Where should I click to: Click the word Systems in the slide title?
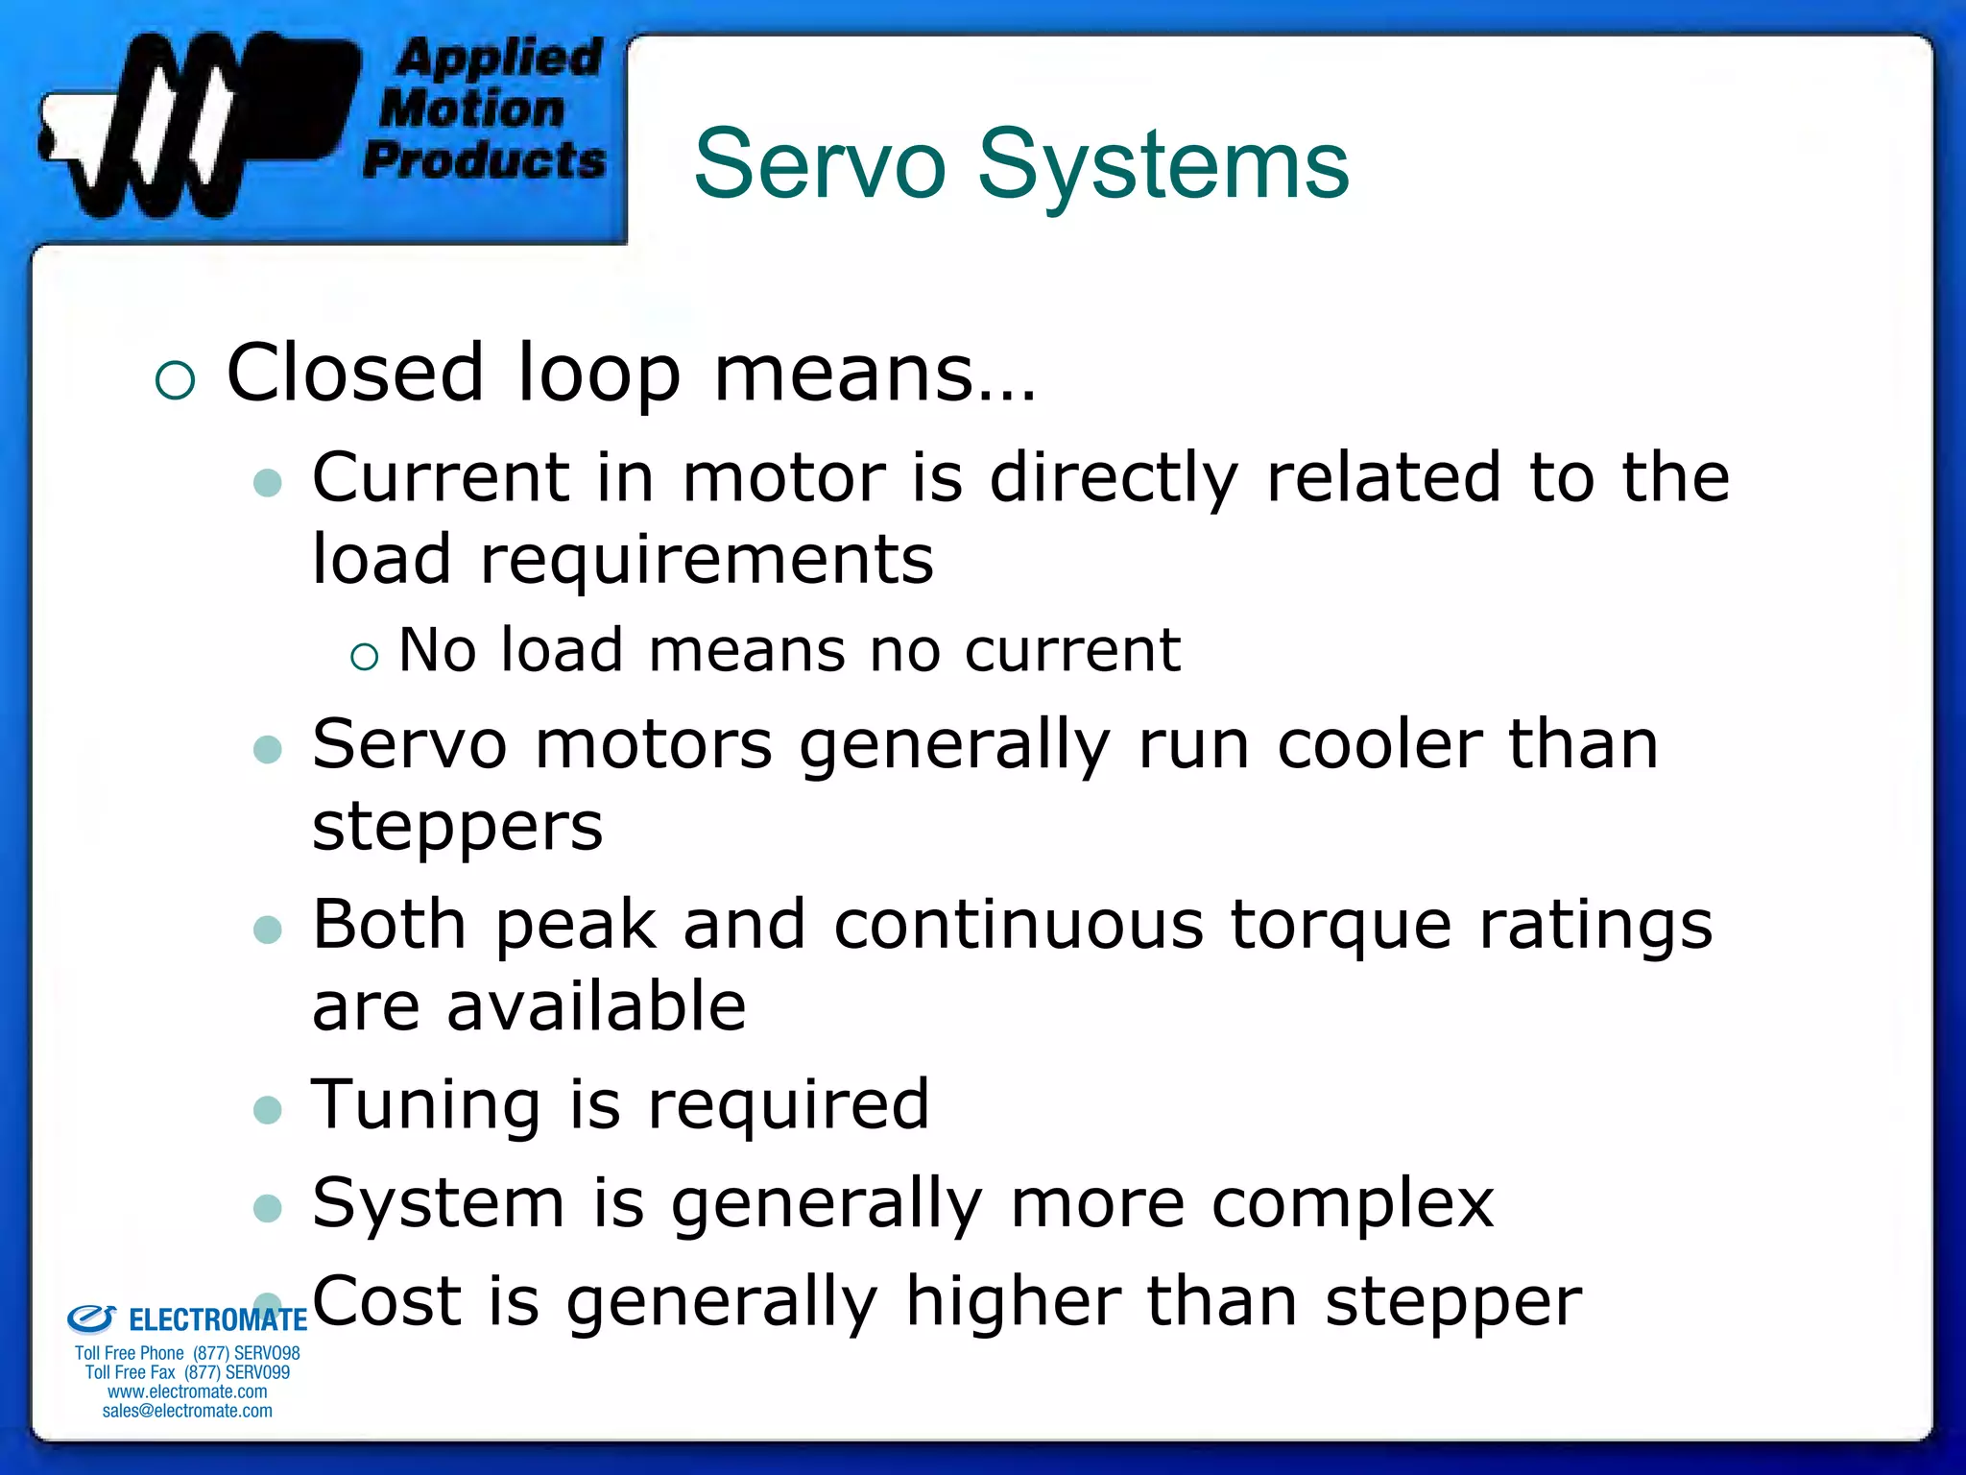(x=1163, y=165)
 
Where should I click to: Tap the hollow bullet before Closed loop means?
(x=175, y=380)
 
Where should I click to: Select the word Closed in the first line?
(x=355, y=373)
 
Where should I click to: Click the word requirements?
(x=706, y=560)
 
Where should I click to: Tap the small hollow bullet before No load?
(x=364, y=657)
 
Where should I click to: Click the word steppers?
(x=457, y=827)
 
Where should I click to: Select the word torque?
(x=1340, y=925)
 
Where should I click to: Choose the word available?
(x=596, y=1006)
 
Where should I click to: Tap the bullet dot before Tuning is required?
(x=267, y=1111)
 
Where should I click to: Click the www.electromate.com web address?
(x=187, y=1391)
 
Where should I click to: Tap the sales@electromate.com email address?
(x=187, y=1411)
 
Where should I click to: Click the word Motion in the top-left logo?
(x=471, y=108)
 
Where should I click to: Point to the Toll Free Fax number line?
(x=187, y=1372)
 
